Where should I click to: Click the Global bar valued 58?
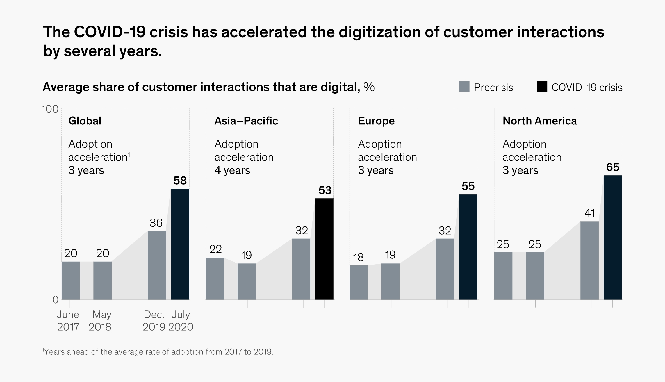(x=180, y=244)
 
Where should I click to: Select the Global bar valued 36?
(x=157, y=265)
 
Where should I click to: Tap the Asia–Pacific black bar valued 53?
(x=324, y=249)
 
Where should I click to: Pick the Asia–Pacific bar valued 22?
(x=215, y=279)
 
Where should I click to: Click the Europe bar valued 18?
(x=359, y=282)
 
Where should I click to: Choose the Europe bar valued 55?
(x=468, y=247)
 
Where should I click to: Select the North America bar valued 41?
(x=589, y=260)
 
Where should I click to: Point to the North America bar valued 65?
(x=612, y=237)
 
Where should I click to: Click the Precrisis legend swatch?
(x=464, y=87)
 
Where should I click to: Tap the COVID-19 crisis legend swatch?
(x=542, y=87)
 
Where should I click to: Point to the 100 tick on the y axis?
(x=50, y=109)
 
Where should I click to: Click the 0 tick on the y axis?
(x=55, y=300)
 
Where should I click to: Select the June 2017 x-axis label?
(x=68, y=321)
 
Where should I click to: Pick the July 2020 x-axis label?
(x=181, y=321)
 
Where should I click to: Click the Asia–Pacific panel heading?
(x=246, y=121)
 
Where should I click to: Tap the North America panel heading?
(x=539, y=121)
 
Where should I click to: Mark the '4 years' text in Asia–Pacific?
(x=232, y=170)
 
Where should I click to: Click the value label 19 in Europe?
(x=390, y=255)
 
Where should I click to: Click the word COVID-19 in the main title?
(x=109, y=32)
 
